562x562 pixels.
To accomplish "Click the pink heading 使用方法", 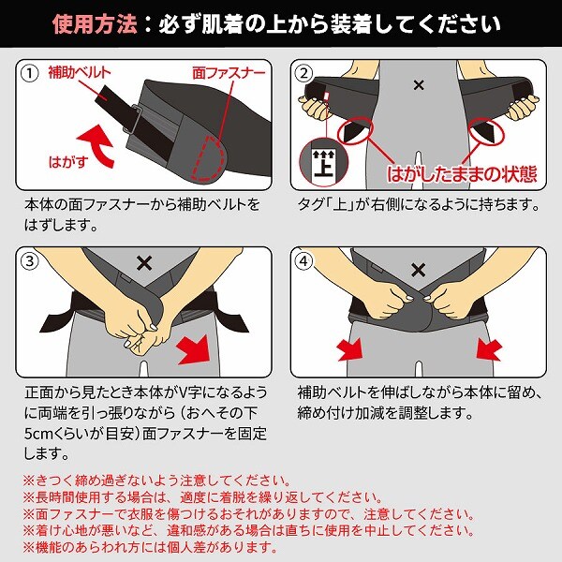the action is [95, 23].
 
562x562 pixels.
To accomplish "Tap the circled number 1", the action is [30, 74].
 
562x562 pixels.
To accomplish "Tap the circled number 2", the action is [303, 74].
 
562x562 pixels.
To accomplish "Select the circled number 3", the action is [30, 261].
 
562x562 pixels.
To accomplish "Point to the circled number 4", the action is [303, 261].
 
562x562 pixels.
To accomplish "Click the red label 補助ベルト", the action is [80, 73].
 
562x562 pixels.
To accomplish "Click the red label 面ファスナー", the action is [229, 73].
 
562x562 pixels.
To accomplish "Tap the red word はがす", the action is [68, 162].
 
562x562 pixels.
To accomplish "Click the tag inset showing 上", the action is [324, 162].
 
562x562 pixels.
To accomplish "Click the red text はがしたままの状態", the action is [462, 174].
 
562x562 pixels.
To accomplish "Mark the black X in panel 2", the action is [419, 85].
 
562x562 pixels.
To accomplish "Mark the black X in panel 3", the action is [144, 263].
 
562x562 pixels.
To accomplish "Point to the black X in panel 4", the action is [419, 270].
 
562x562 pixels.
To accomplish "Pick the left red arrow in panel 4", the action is [349, 349].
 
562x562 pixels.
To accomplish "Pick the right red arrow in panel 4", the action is [490, 349].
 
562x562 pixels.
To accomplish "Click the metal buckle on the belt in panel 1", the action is [132, 119].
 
